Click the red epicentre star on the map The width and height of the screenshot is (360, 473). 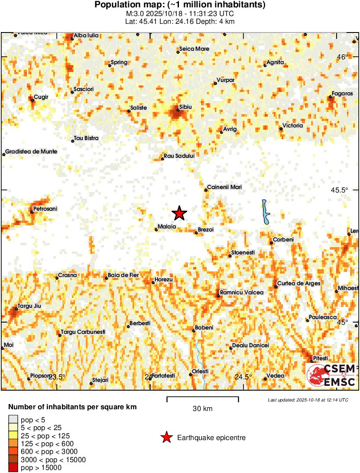click(x=179, y=213)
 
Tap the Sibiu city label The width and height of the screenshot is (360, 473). click(x=185, y=107)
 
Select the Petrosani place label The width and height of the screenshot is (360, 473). click(x=45, y=209)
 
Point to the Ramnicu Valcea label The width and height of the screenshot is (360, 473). click(x=242, y=293)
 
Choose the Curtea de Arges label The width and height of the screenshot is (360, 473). click(x=299, y=284)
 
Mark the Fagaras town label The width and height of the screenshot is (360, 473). click(x=342, y=94)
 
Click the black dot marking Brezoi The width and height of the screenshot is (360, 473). click(x=196, y=233)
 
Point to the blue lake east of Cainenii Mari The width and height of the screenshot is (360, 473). click(x=265, y=212)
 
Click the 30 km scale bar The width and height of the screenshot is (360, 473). click(x=203, y=397)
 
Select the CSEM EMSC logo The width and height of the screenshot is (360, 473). click(x=331, y=375)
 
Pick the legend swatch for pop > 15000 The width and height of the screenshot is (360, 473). click(x=13, y=468)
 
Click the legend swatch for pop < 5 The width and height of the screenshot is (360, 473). click(x=13, y=419)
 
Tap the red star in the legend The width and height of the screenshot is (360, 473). click(x=166, y=438)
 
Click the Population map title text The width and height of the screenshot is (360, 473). click(x=180, y=5)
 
